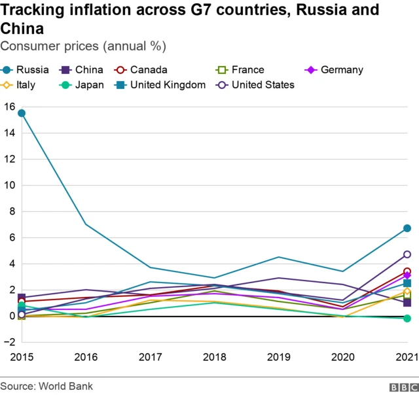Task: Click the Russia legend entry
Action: (x=26, y=69)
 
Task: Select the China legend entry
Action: (x=82, y=69)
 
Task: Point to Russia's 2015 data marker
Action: (x=22, y=113)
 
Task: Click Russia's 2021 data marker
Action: (x=407, y=228)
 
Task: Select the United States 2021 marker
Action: (x=407, y=254)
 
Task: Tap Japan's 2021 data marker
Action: (x=407, y=318)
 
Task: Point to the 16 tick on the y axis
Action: (x=9, y=106)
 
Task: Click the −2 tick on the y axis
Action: (x=9, y=342)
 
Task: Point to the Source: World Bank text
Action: (x=46, y=386)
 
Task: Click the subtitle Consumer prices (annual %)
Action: (x=83, y=46)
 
